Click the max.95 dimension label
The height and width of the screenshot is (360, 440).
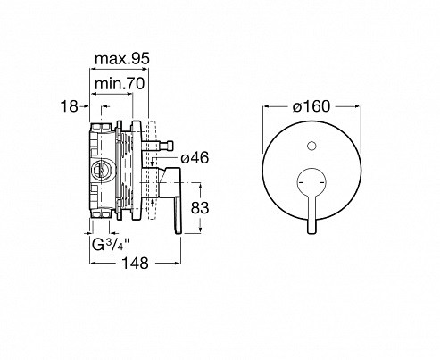122,59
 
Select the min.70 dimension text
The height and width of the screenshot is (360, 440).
120,84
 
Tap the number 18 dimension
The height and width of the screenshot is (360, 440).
70,106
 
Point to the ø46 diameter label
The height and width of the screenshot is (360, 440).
195,157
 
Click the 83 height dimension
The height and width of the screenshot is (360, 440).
200,208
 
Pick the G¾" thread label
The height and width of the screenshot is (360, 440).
111,245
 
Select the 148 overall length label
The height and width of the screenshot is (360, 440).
136,264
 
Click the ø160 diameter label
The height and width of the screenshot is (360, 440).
311,106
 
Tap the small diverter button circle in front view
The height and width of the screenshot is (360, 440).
311,146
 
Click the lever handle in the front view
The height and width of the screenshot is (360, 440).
311,213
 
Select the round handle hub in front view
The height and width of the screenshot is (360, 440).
311,182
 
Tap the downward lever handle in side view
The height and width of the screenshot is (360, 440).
178,214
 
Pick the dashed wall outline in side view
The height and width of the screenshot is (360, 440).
152,170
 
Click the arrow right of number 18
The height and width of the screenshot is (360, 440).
84,106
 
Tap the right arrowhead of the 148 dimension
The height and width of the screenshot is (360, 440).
177,263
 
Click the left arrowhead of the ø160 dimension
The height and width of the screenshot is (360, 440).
267,106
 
